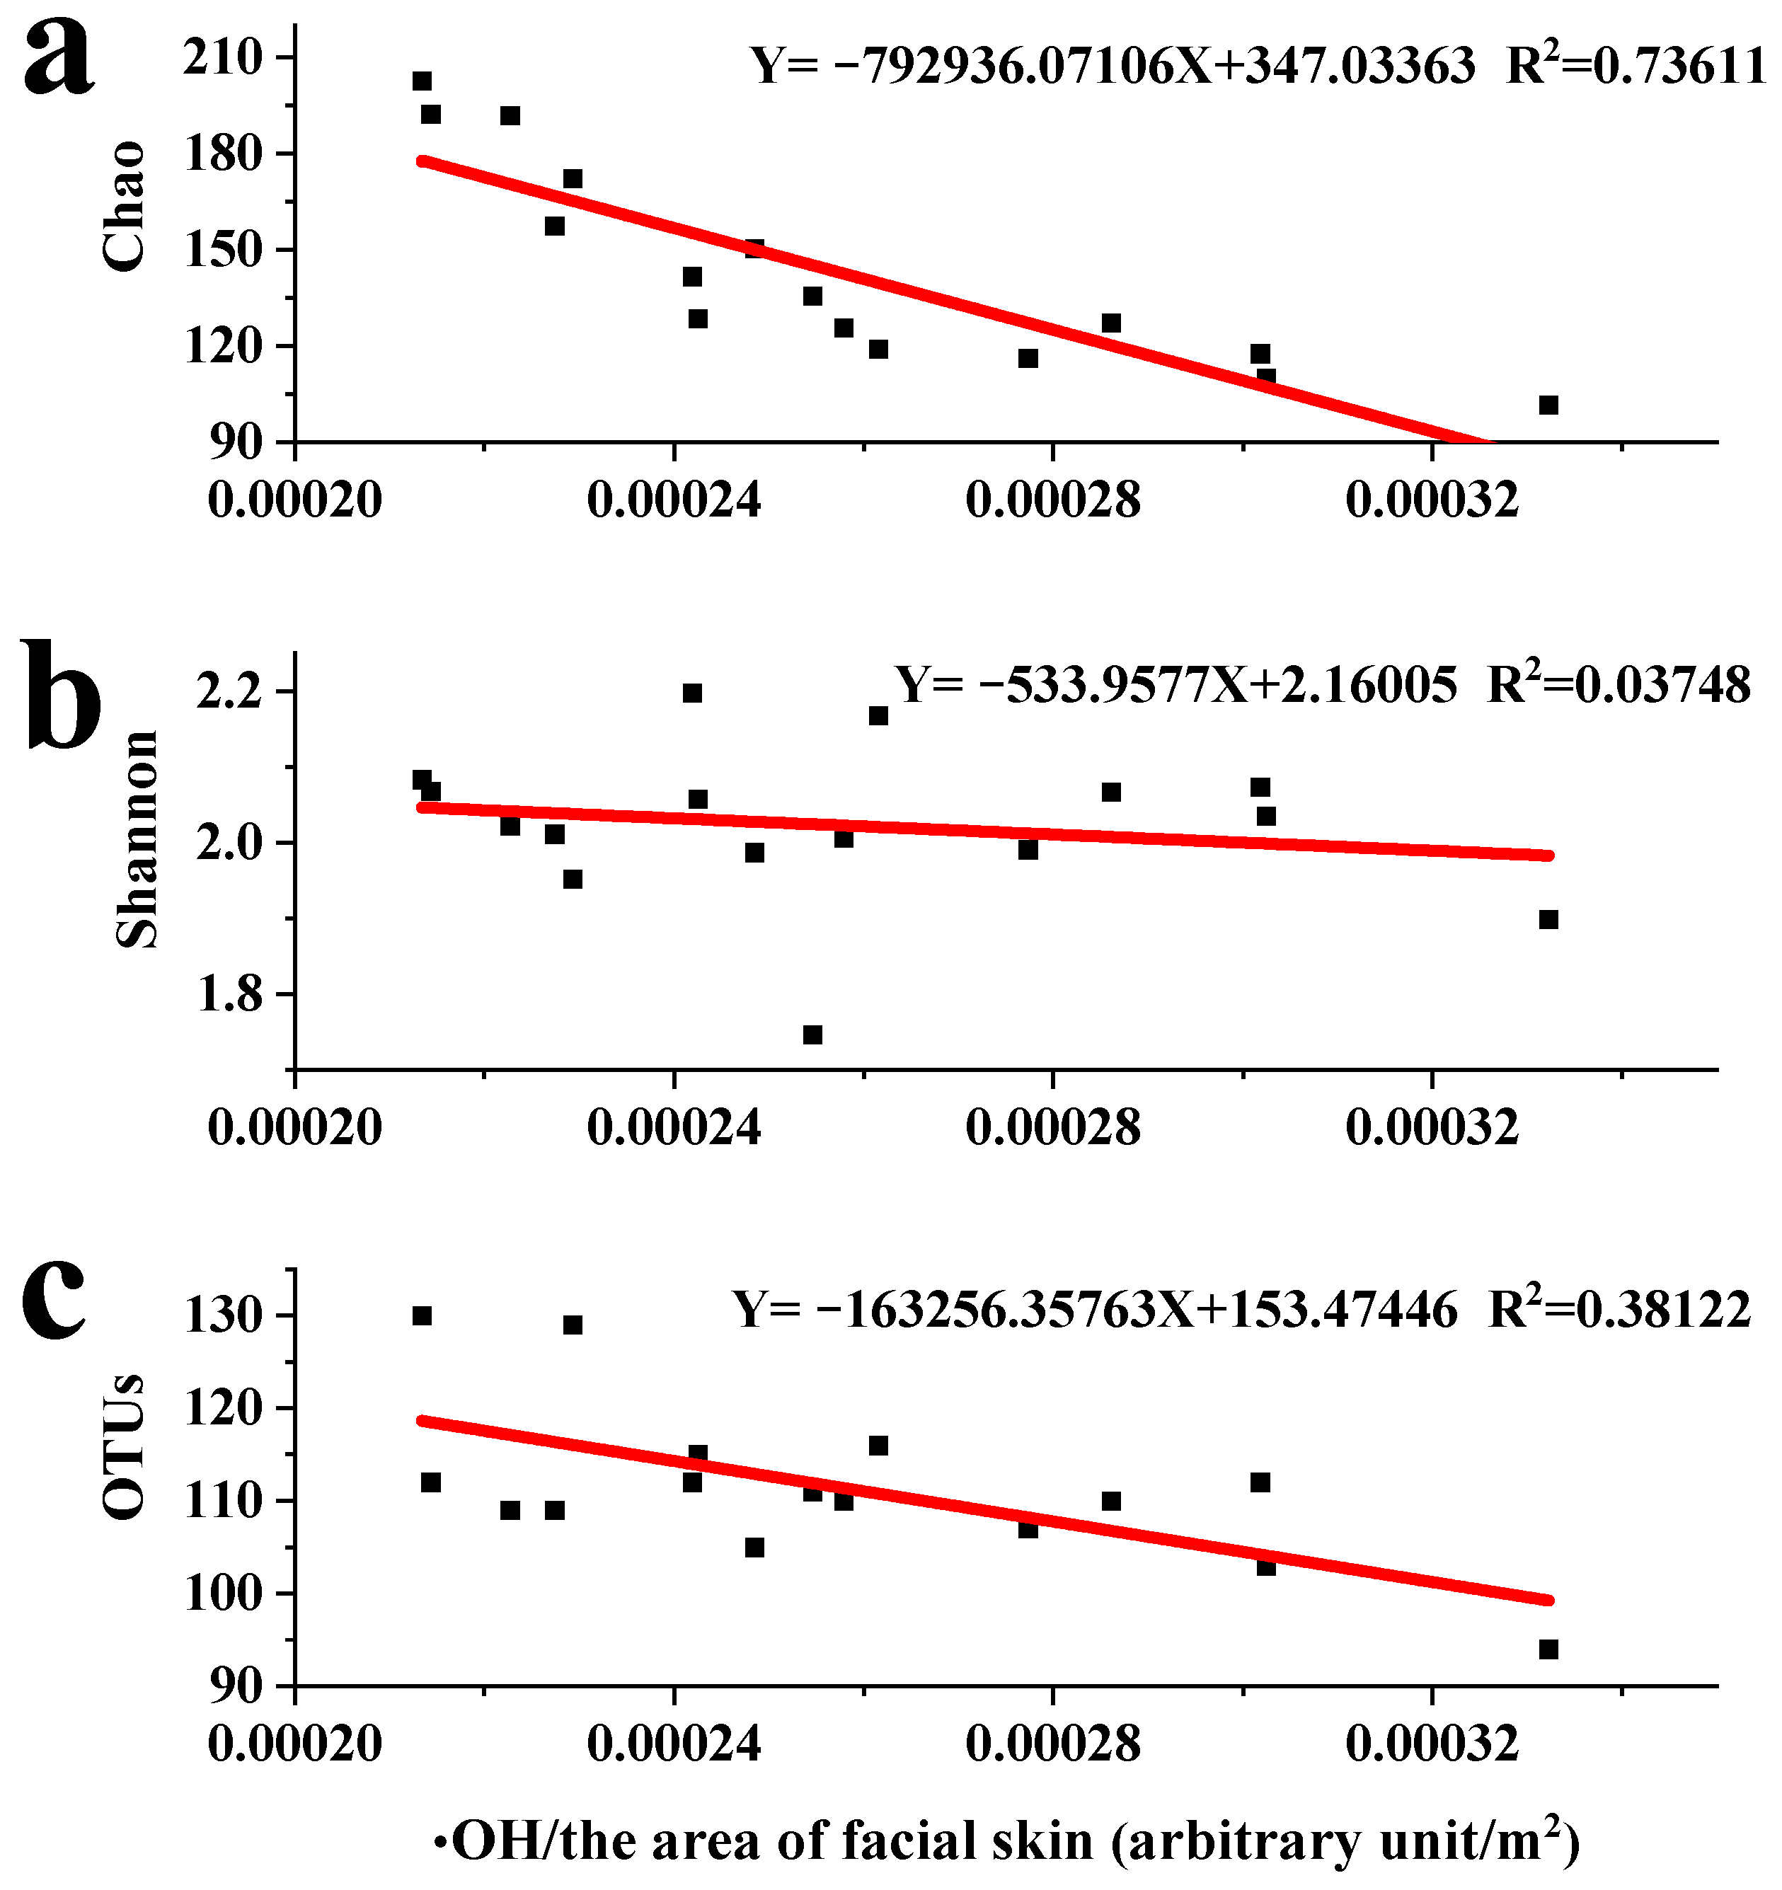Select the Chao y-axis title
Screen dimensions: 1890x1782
[124, 207]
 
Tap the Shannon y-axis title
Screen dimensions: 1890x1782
[136, 839]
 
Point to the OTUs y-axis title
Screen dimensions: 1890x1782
[124, 1446]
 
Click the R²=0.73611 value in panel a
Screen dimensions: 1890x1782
[1636, 67]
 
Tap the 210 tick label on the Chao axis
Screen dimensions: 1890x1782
[222, 58]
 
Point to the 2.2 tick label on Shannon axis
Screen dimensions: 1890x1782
[228, 692]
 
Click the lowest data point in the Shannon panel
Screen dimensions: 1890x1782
[812, 1035]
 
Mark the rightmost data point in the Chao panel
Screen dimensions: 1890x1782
[1548, 405]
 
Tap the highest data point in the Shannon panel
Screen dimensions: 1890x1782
[692, 693]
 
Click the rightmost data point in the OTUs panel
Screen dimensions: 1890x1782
[1548, 1649]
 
